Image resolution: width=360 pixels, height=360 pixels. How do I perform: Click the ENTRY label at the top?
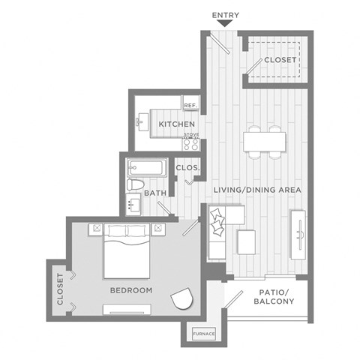point(225,15)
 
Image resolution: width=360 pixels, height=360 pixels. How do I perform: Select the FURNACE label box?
point(204,333)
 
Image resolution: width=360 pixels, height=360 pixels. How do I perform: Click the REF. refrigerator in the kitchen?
point(190,106)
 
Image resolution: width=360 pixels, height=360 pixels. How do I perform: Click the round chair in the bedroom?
point(181,298)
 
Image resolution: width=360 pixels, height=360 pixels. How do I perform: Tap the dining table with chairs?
point(264,142)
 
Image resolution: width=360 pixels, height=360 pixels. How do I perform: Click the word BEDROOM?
point(131,290)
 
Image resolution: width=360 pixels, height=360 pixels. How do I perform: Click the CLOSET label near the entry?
point(277,61)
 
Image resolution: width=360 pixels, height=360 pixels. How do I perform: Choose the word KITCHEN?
point(177,124)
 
